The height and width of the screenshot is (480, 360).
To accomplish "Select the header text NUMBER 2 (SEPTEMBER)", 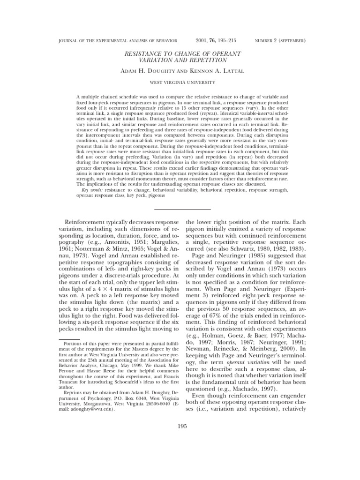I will [280, 41].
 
